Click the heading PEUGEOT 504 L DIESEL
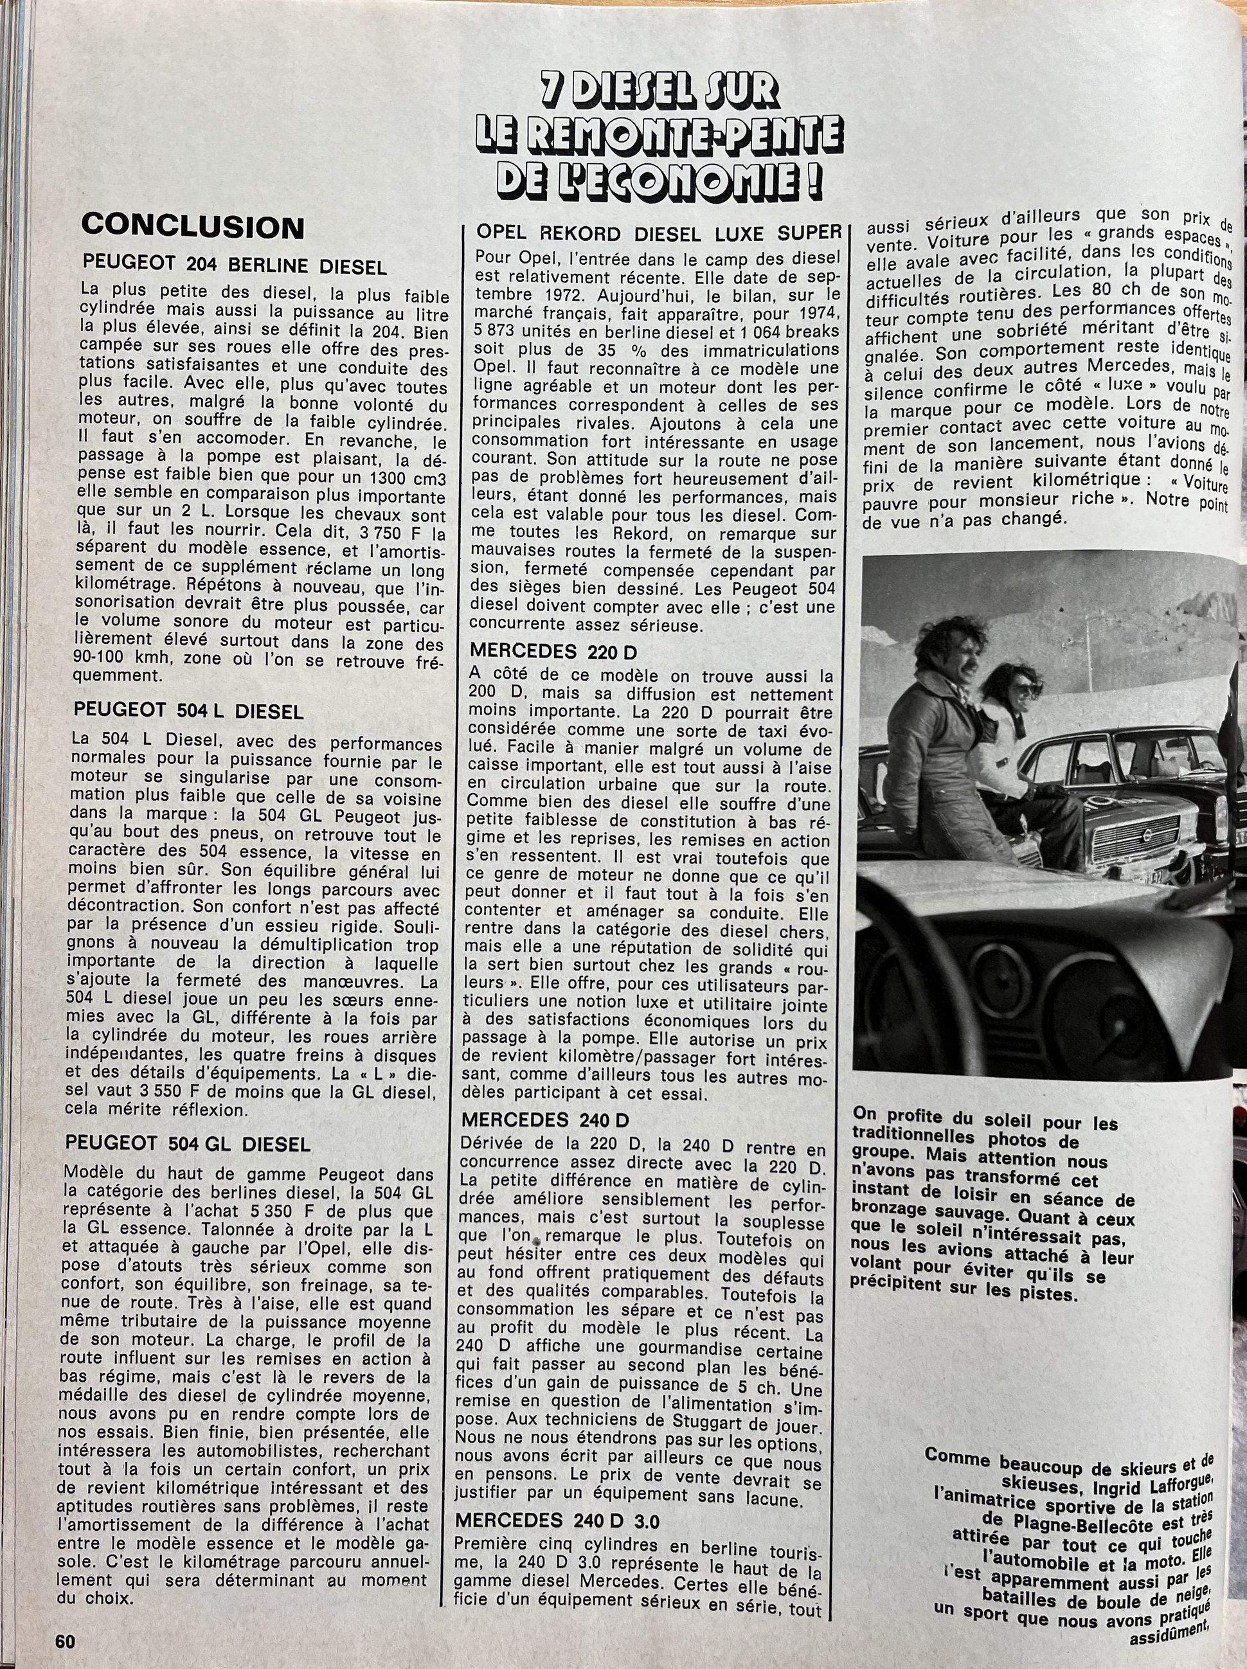coord(189,711)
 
